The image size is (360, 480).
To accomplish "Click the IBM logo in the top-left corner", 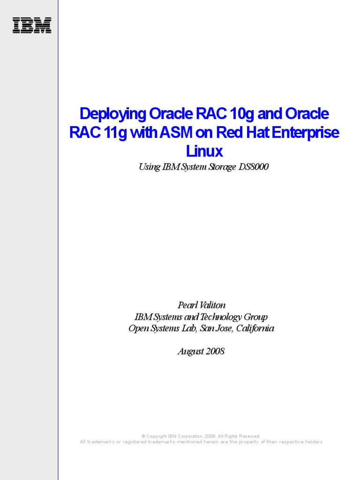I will [32, 25].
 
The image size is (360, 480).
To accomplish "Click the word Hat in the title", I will [255, 133].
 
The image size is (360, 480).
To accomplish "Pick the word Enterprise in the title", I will [305, 133].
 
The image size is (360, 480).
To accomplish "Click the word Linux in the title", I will [204, 151].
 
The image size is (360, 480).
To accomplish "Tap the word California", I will [255, 328].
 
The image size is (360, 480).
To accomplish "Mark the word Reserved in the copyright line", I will [249, 436].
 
